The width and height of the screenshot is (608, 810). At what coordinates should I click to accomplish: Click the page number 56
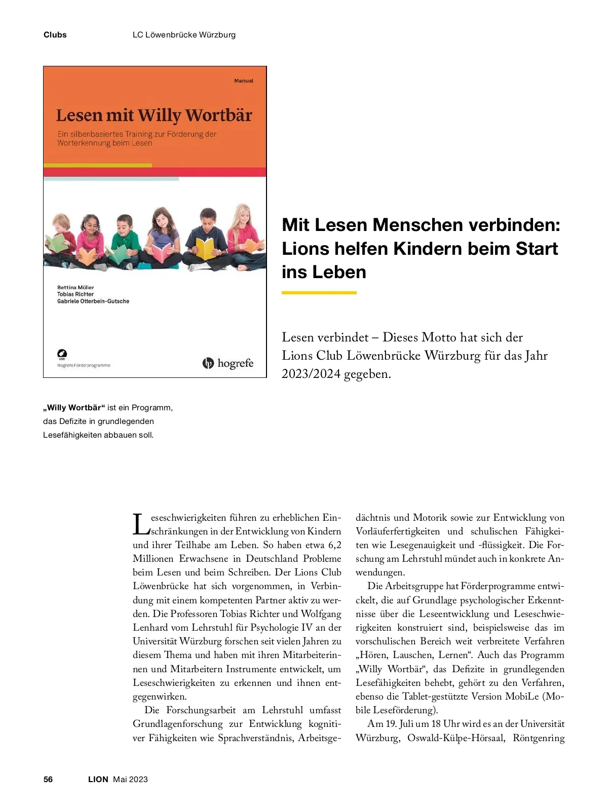pyautogui.click(x=48, y=779)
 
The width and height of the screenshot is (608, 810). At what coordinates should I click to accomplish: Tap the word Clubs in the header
pyautogui.click(x=55, y=35)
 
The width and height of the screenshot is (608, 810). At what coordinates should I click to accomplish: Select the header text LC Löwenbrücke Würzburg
pyautogui.click(x=184, y=35)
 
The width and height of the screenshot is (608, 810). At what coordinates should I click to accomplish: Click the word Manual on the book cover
pyautogui.click(x=244, y=81)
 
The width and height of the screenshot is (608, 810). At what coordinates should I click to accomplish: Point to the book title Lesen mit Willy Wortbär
pyautogui.click(x=154, y=115)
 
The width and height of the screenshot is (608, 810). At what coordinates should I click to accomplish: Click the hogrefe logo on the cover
pyautogui.click(x=228, y=363)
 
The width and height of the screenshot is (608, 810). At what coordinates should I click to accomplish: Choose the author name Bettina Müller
pyautogui.click(x=75, y=287)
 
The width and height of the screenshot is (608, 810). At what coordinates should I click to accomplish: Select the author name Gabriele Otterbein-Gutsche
pyautogui.click(x=93, y=301)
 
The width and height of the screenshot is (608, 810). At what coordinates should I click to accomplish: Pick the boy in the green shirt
pyautogui.click(x=123, y=238)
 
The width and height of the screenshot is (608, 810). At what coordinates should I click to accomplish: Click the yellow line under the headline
pyautogui.click(x=319, y=292)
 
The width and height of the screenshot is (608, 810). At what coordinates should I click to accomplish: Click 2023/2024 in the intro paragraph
pyautogui.click(x=311, y=374)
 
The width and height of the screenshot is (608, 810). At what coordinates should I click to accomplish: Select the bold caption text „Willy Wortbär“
pyautogui.click(x=74, y=408)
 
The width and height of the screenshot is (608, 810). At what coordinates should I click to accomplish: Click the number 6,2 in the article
pyautogui.click(x=334, y=545)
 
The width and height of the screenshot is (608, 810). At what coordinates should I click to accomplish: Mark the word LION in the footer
pyautogui.click(x=98, y=779)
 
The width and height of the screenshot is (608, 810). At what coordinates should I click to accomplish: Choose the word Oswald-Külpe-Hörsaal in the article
pyautogui.click(x=456, y=738)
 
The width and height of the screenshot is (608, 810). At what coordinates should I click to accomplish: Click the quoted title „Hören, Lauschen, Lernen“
pyautogui.click(x=415, y=655)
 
